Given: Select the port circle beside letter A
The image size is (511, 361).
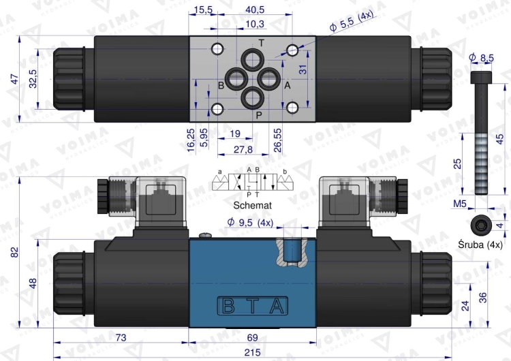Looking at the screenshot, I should tap(270, 78).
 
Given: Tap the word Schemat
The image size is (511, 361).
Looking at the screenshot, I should tap(252, 204).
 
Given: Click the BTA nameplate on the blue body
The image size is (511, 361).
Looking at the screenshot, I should tap(252, 306).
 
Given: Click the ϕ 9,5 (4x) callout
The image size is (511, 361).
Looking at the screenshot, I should tap(249, 222).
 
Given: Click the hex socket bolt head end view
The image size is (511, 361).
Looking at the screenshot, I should tap(480, 224).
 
